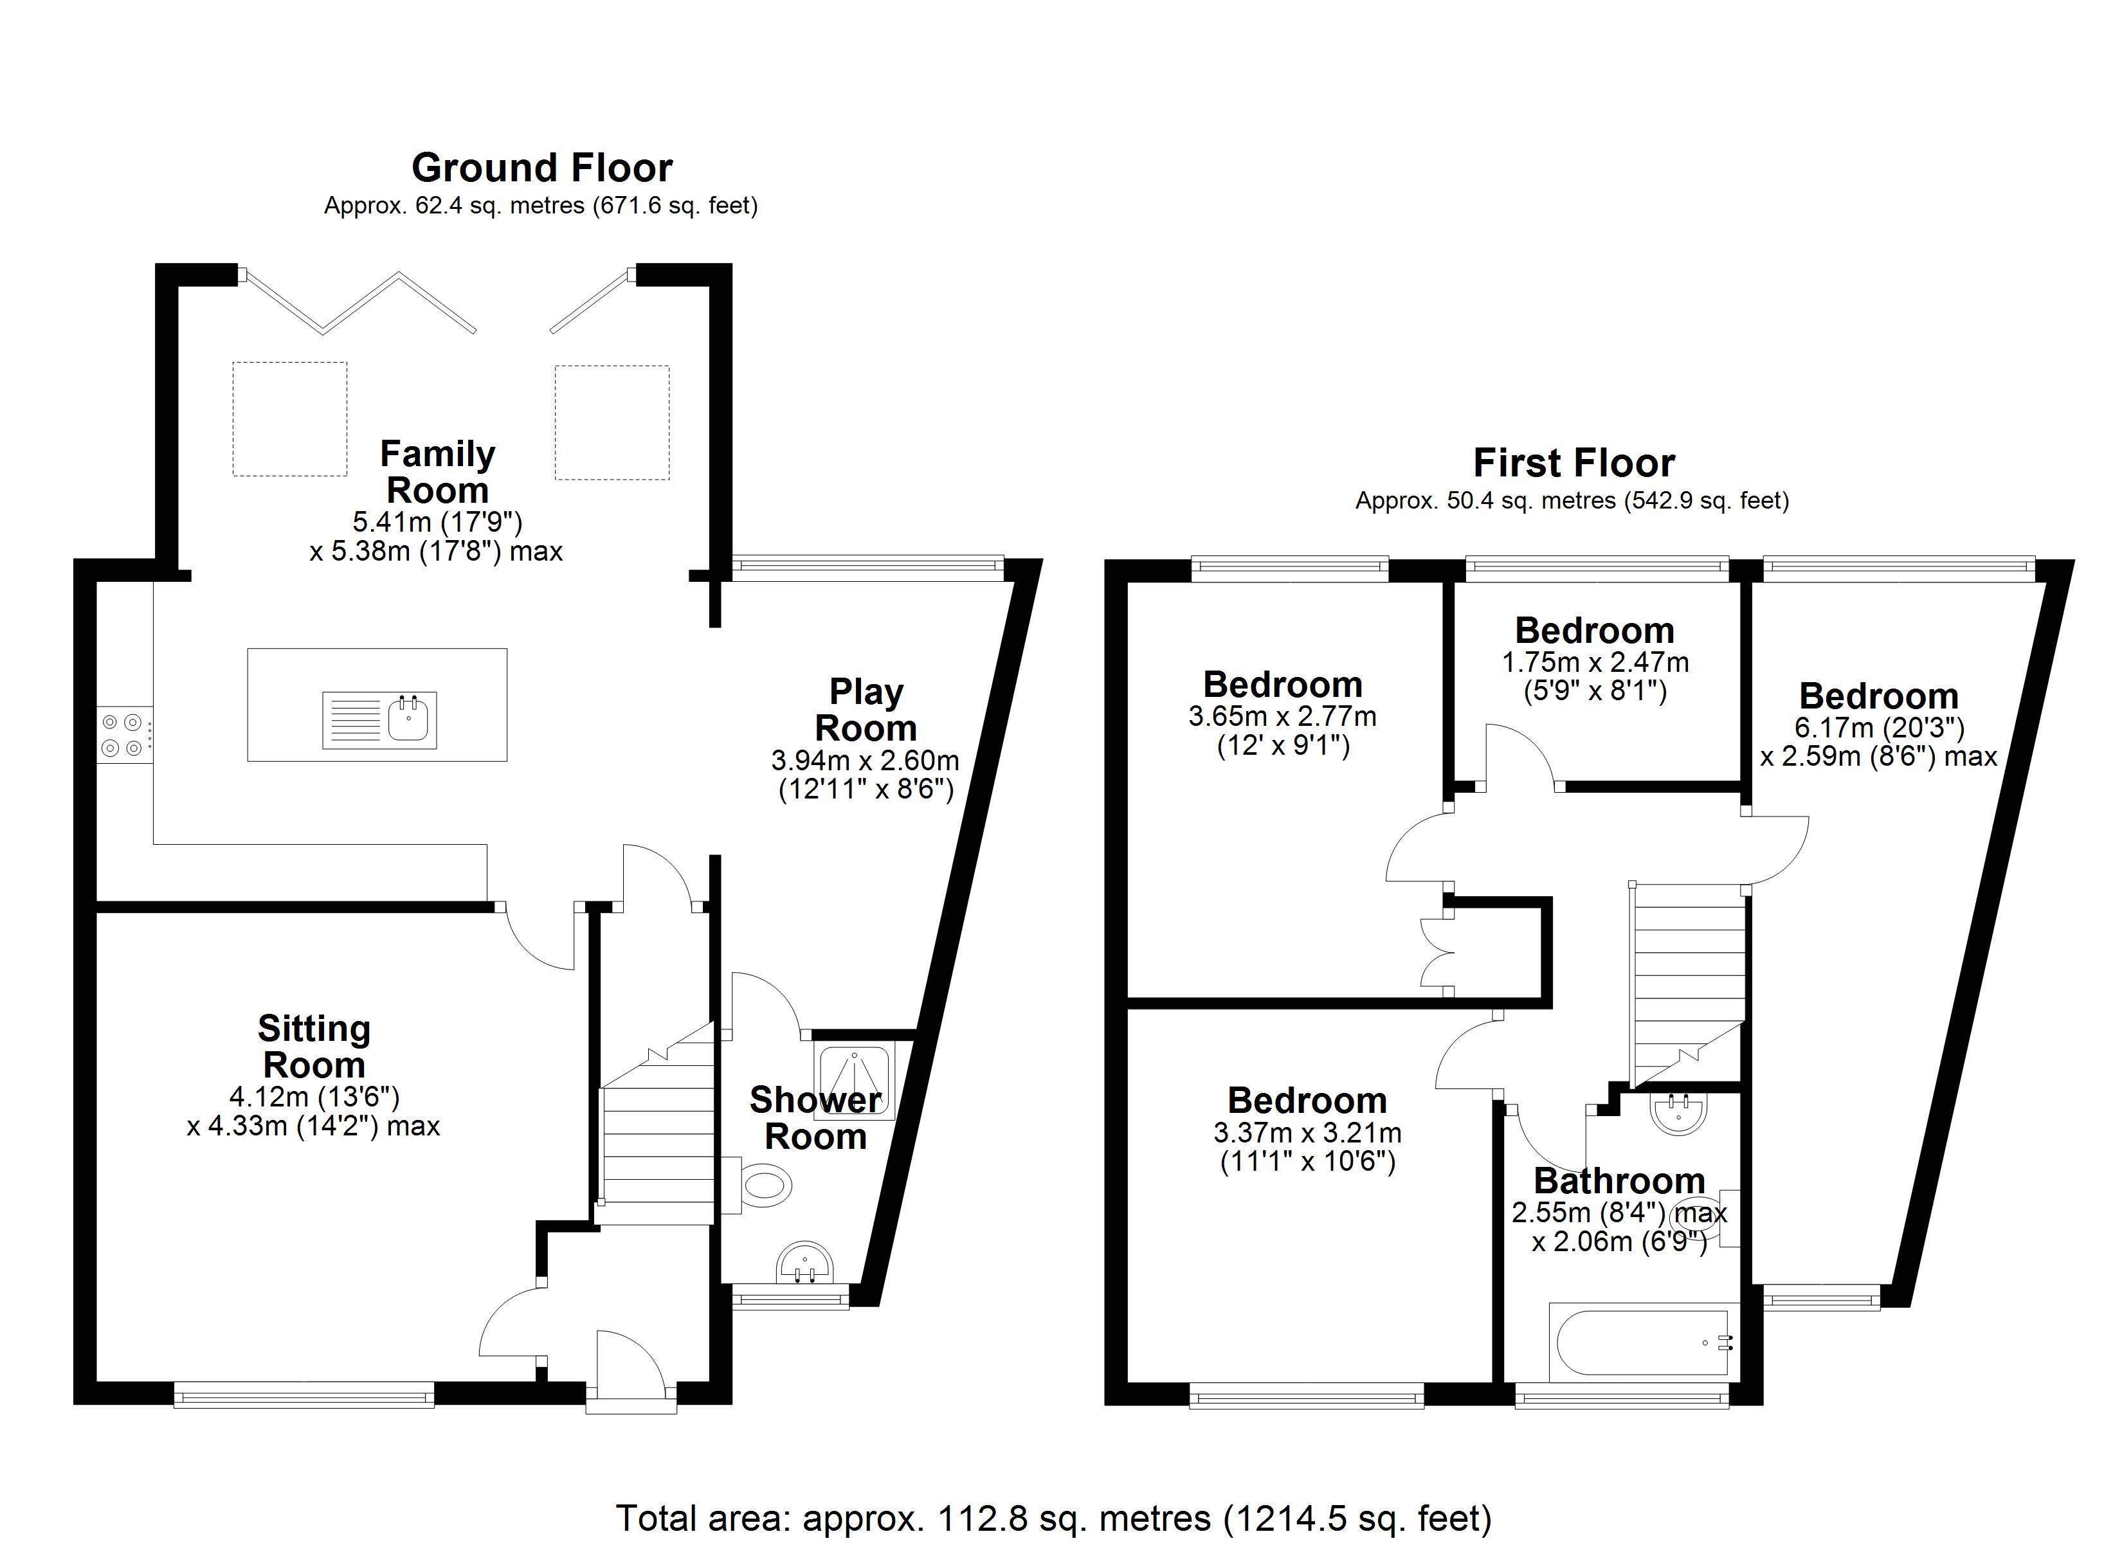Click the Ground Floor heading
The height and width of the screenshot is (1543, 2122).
pyautogui.click(x=541, y=168)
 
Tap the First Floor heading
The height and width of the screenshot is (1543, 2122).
pyautogui.click(x=1573, y=463)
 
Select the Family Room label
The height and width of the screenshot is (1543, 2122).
pyautogui.click(x=437, y=472)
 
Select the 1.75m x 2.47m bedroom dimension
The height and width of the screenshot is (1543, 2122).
pyautogui.click(x=1595, y=662)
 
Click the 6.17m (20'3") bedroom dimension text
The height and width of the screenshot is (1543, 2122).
pyautogui.click(x=1879, y=727)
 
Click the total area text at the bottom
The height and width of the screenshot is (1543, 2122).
pyautogui.click(x=1053, y=1517)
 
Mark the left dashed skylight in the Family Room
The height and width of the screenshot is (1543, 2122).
pyautogui.click(x=290, y=419)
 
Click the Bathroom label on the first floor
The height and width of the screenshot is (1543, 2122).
pyautogui.click(x=1620, y=1181)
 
